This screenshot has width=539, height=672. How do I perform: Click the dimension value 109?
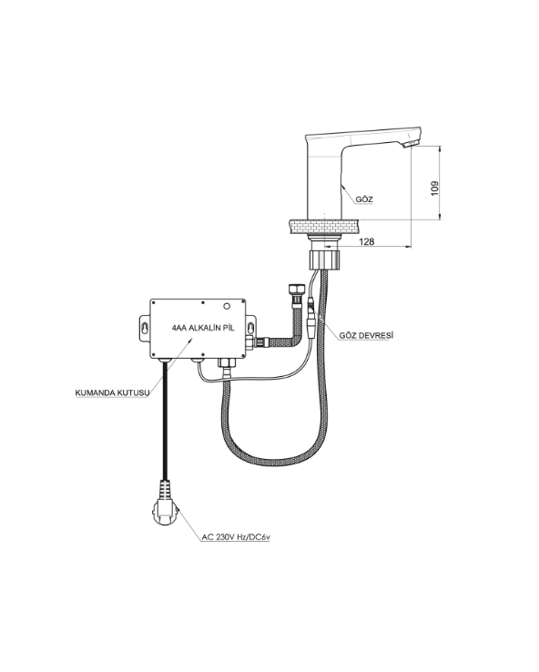click(434, 189)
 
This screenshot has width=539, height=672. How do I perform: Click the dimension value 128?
click(366, 241)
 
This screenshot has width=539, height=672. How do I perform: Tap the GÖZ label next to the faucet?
click(364, 199)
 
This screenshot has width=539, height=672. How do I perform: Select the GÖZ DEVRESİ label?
click(366, 336)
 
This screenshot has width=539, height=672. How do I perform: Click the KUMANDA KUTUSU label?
click(112, 392)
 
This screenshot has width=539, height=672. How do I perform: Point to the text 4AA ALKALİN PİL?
click(203, 329)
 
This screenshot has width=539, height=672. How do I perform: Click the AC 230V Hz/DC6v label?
click(236, 537)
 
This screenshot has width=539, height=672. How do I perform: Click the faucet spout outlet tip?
click(410, 144)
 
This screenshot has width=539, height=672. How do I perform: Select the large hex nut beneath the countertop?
click(325, 260)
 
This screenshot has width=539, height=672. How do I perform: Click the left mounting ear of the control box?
click(145, 329)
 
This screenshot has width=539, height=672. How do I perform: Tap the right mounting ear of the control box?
click(250, 329)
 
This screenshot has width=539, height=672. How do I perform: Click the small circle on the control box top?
click(227, 307)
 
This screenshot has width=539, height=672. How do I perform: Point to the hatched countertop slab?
click(324, 227)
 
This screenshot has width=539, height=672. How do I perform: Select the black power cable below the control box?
click(165, 420)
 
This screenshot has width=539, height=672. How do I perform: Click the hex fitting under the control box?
click(227, 363)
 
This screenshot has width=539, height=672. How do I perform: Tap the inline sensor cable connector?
click(312, 321)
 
